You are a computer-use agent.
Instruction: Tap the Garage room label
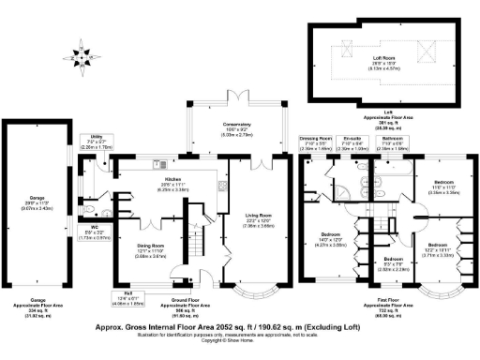[x=37, y=188]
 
